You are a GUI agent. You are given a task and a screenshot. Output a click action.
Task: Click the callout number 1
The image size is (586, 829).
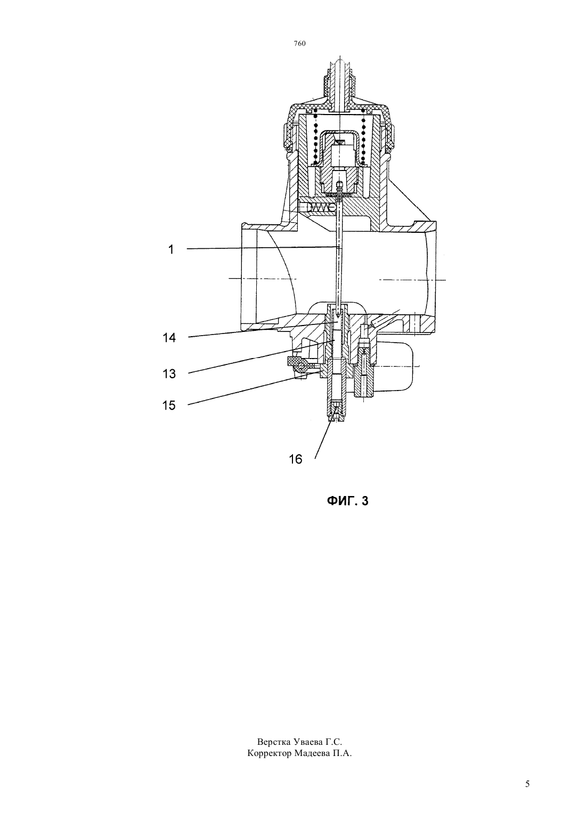[171, 250]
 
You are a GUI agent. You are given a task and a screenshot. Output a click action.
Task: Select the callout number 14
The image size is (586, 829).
[169, 338]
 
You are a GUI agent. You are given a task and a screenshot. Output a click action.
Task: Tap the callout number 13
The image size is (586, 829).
[169, 374]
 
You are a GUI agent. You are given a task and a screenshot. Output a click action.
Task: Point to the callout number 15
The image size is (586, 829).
[169, 405]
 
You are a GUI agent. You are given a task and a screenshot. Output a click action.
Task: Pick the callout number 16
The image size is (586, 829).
[296, 459]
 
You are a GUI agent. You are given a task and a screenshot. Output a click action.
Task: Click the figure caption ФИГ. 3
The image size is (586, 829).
[347, 501]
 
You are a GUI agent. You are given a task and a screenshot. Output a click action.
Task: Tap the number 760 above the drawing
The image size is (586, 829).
[299, 44]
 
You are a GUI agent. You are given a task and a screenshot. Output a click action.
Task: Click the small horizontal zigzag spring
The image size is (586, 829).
[319, 208]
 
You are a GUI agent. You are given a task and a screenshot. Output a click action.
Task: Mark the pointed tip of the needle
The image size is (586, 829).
[338, 317]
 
